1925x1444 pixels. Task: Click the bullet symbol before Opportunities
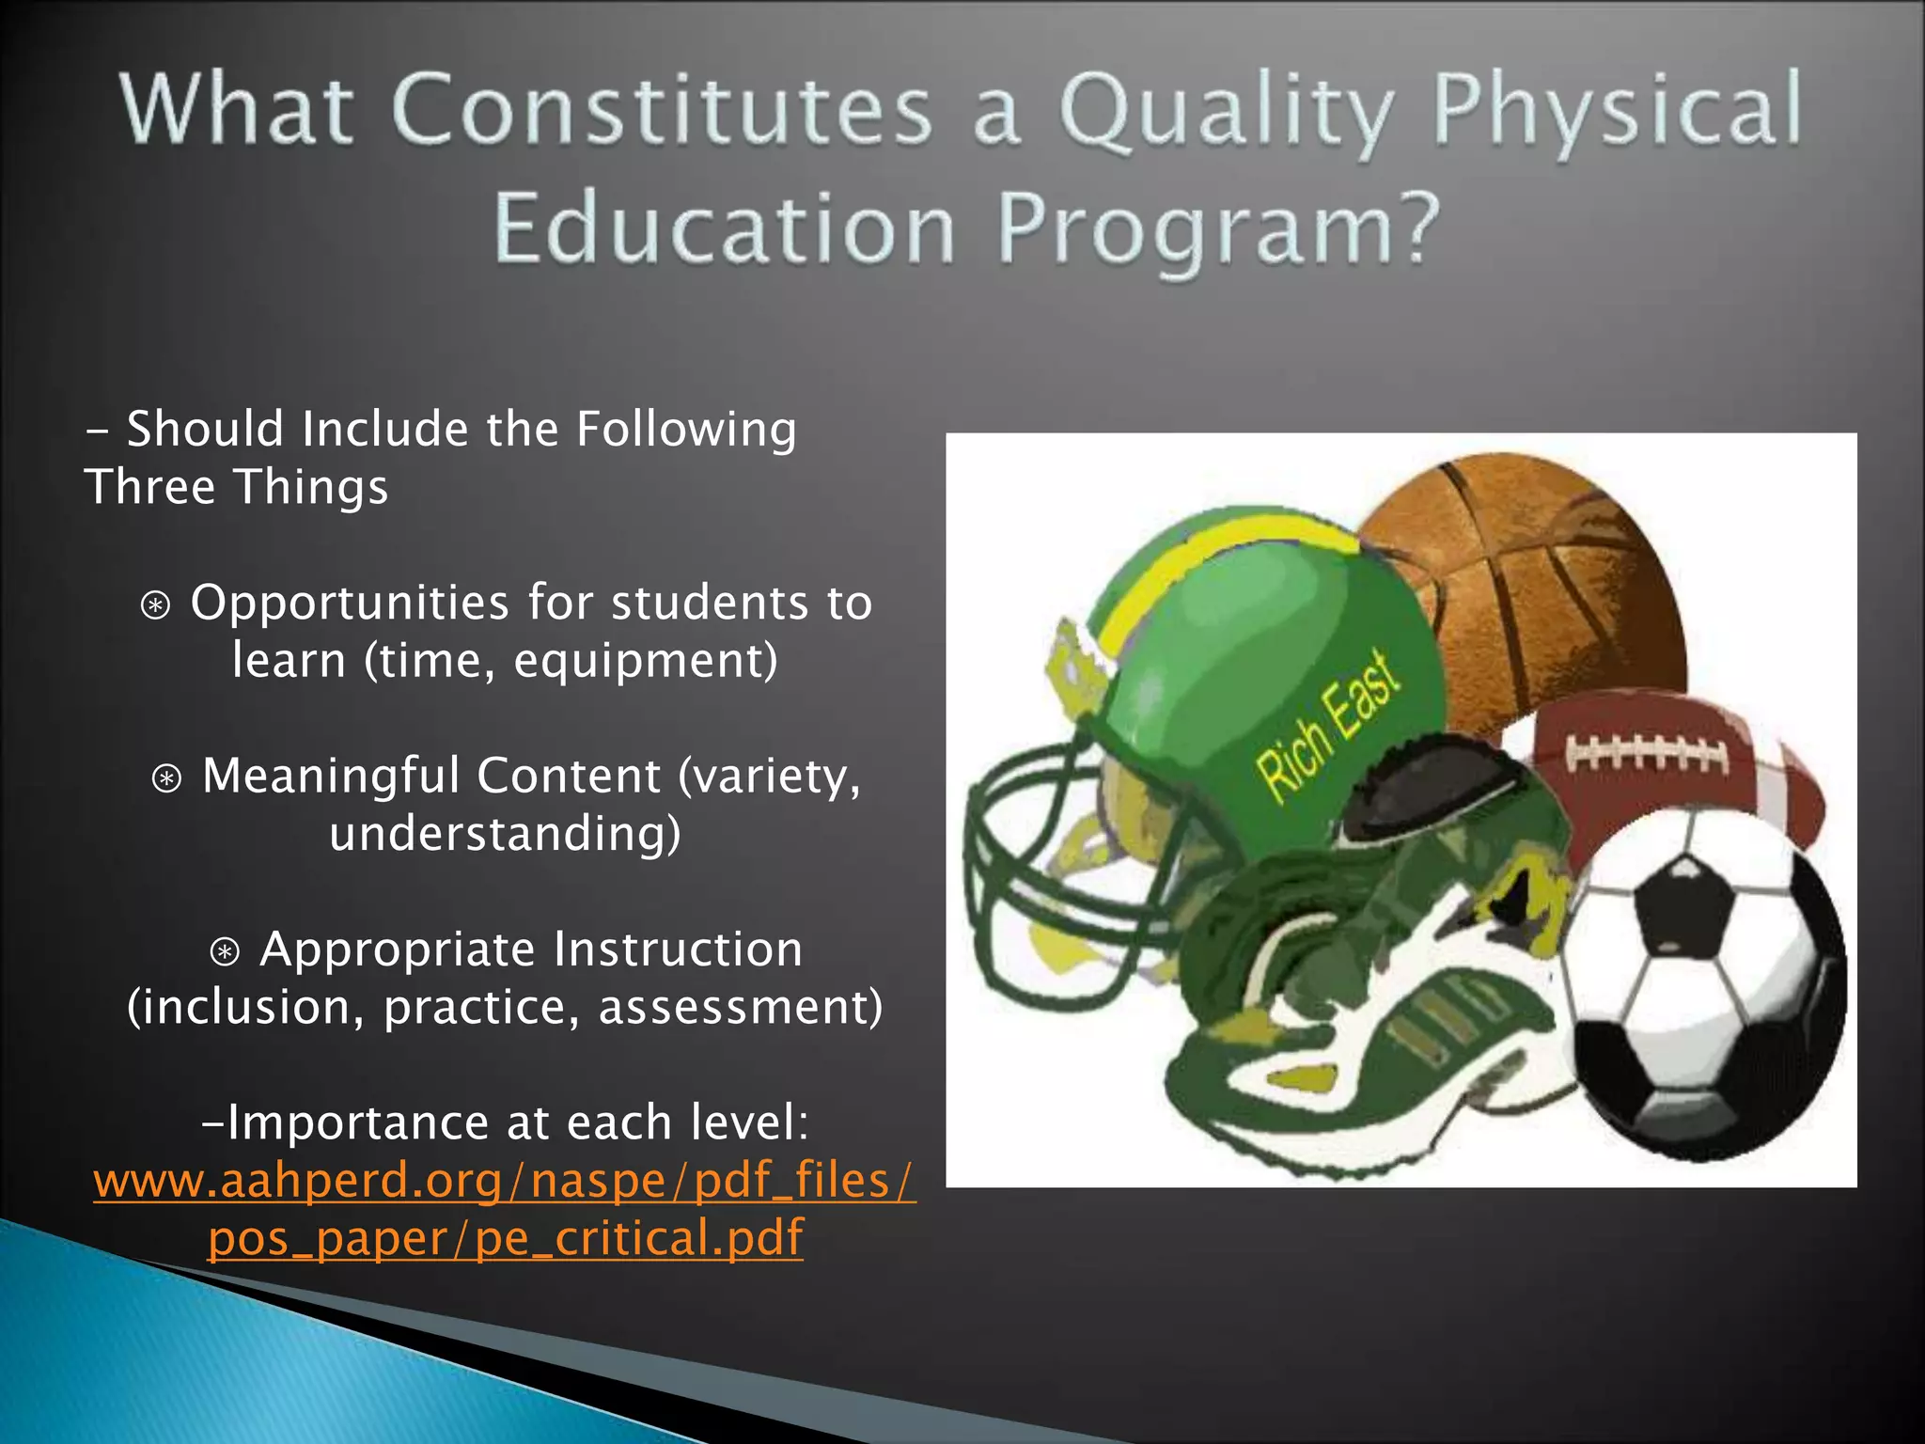tap(156, 605)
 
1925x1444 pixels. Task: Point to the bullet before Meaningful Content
tap(167, 778)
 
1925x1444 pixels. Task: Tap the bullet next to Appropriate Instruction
tap(225, 952)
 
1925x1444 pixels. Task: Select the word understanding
tap(505, 834)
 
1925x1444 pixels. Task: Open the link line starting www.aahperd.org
tap(505, 1181)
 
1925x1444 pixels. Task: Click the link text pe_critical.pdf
tap(639, 1238)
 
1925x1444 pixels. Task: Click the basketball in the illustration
tap(1542, 583)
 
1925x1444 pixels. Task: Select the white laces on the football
tap(1645, 753)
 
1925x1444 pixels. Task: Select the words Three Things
tap(236, 488)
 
